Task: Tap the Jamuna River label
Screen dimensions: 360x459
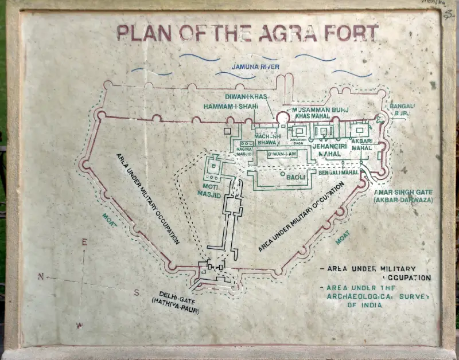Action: point(255,67)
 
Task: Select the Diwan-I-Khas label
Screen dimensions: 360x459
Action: point(247,97)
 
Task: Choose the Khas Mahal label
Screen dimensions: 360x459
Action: point(312,116)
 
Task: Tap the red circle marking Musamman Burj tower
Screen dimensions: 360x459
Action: point(282,118)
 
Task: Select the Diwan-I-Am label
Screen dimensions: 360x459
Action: point(281,154)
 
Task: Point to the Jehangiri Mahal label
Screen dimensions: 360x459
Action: point(326,150)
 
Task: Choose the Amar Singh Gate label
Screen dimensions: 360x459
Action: point(403,196)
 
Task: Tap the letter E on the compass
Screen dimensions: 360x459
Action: point(84,242)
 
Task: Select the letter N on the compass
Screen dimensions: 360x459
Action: point(41,276)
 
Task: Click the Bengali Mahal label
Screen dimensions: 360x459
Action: point(339,172)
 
